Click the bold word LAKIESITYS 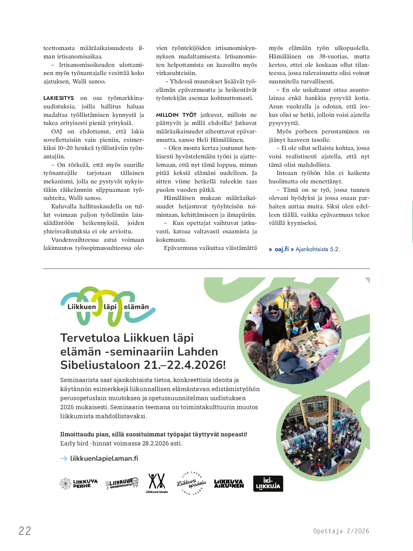coord(59,98)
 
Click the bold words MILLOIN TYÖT coord(176,115)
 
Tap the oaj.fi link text coord(282,249)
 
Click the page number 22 coord(25,531)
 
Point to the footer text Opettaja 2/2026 coord(341,531)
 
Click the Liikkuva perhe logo coord(78,484)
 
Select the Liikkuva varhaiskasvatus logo coord(122,483)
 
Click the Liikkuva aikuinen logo coord(229,484)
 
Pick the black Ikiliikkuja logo coord(268,484)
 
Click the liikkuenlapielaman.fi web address coord(104,458)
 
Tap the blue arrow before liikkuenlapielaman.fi coord(64,459)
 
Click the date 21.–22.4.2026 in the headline coord(184,365)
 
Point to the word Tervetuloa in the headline coord(90,338)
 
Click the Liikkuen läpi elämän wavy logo coord(108,306)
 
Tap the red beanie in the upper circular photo coord(253,337)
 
